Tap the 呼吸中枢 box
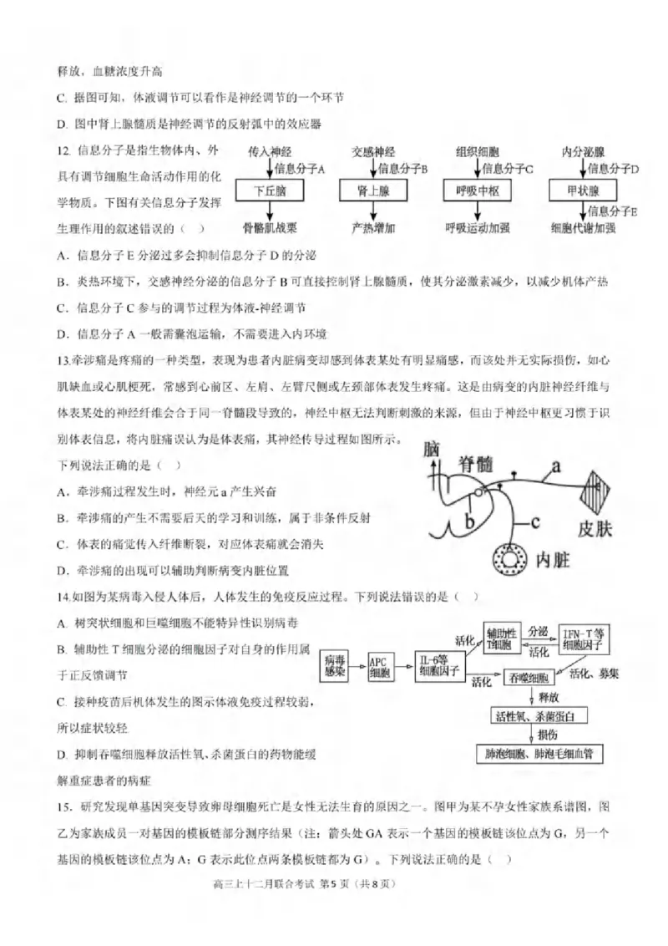[x=477, y=191]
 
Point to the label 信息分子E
[x=613, y=212]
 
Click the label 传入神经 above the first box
[x=269, y=152]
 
